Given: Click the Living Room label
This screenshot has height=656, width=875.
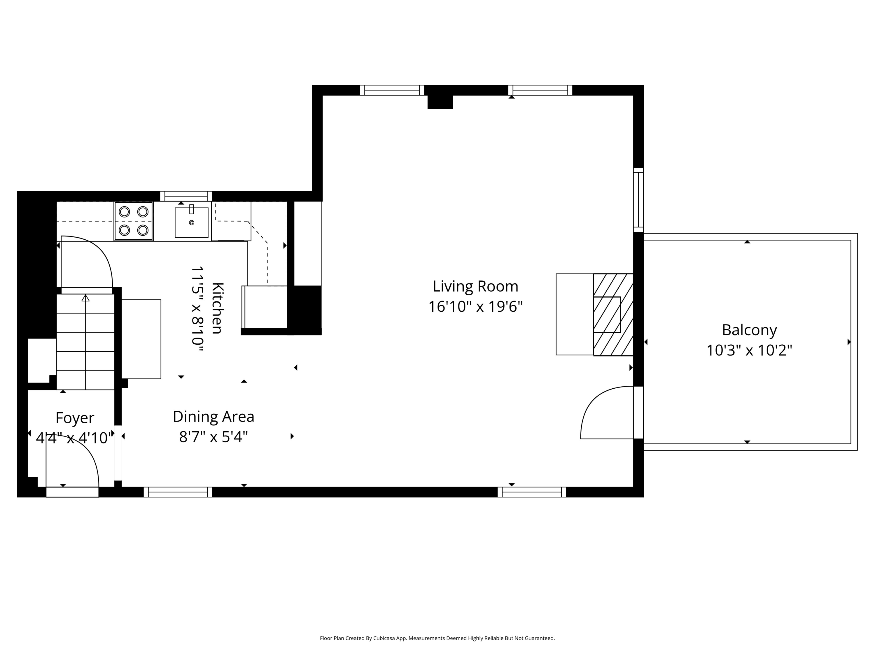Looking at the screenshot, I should (x=475, y=286).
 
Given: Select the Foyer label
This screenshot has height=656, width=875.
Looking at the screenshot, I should (x=75, y=418).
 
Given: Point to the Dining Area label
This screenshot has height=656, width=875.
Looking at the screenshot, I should (x=213, y=416).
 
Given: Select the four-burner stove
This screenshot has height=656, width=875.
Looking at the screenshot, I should (x=134, y=221).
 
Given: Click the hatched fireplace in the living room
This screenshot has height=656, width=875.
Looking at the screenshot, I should (x=613, y=315).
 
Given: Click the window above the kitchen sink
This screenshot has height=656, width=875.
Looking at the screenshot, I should (x=186, y=196).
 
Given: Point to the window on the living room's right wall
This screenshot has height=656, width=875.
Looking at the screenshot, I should (x=638, y=200).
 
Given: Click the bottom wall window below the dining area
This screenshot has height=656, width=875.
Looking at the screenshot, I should (x=178, y=492).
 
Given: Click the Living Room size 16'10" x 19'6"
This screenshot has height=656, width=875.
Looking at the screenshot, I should (x=475, y=307).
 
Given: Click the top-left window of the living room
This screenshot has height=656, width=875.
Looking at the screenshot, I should (x=392, y=90).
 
